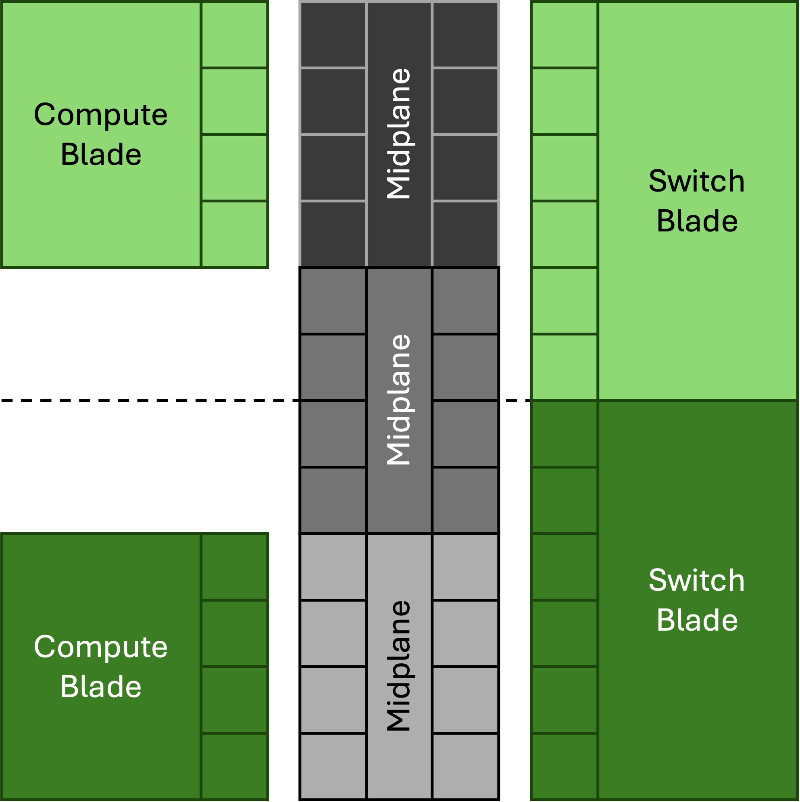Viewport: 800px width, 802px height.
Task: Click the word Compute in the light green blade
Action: (x=100, y=115)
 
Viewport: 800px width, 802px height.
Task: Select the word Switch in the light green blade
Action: (x=697, y=181)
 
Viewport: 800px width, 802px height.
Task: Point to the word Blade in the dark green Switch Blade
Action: (x=697, y=620)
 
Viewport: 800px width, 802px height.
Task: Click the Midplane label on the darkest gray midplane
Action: (x=398, y=134)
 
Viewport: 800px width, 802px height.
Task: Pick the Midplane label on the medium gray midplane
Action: (x=398, y=399)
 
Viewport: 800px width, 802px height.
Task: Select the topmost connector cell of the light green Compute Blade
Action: (x=234, y=34)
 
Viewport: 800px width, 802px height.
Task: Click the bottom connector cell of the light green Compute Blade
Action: (x=234, y=234)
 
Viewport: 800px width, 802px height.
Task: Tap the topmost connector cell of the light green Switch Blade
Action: (x=564, y=34)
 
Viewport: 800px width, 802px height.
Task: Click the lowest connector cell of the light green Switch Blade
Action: (x=564, y=367)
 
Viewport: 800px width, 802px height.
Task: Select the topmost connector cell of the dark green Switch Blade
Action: (x=564, y=434)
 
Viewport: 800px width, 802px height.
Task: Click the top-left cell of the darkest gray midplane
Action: (x=333, y=34)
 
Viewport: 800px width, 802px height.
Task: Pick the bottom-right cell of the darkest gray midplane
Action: (x=465, y=234)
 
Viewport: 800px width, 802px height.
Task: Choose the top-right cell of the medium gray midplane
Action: (x=465, y=300)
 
